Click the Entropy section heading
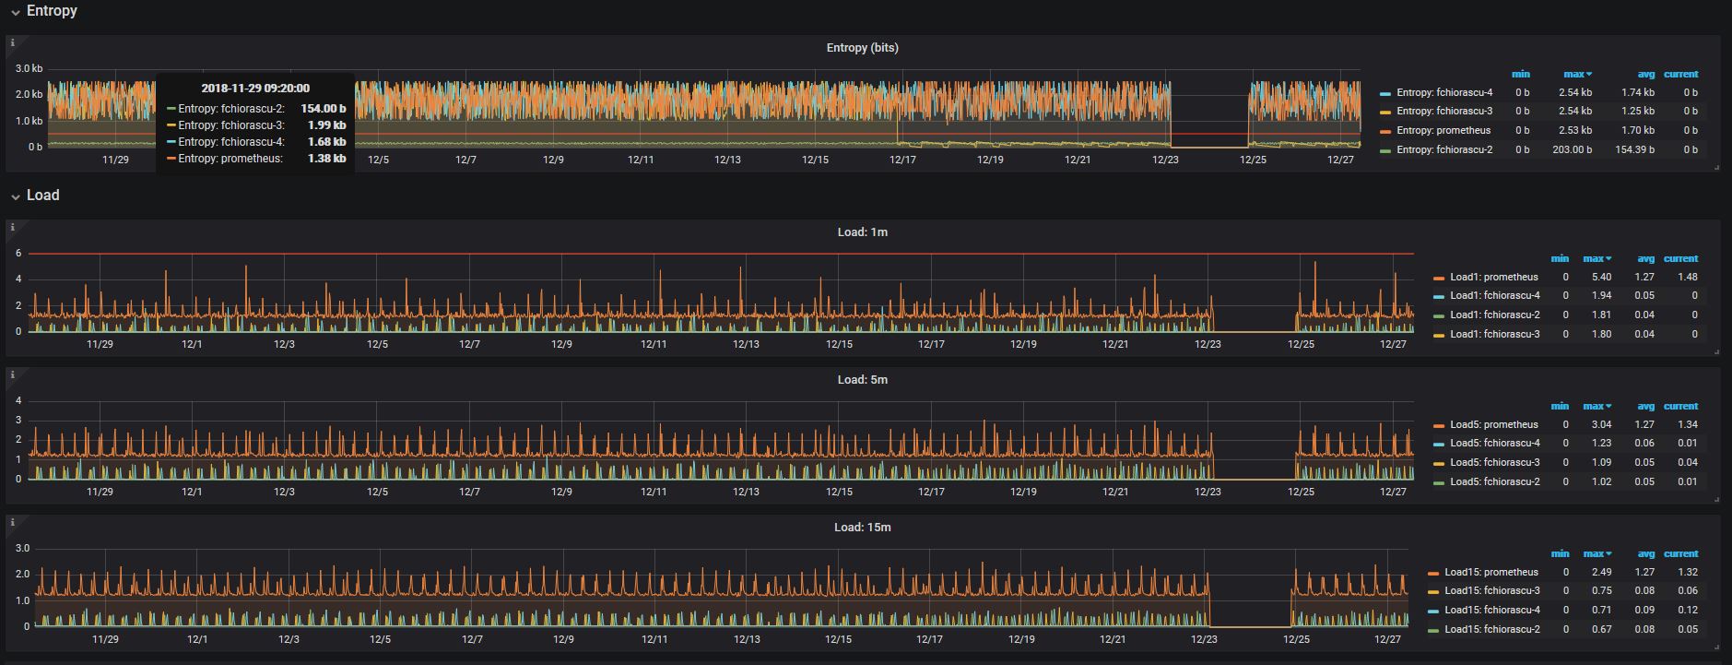[x=52, y=10]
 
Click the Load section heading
[x=42, y=195]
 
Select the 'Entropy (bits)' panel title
[x=862, y=47]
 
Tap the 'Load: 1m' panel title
[x=863, y=232]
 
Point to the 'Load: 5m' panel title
[x=863, y=379]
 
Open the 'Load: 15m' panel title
[x=863, y=527]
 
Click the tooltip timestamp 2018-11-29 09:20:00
[x=255, y=88]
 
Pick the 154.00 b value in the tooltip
[x=324, y=109]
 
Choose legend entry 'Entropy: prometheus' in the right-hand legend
[x=1443, y=130]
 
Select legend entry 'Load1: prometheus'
[x=1494, y=277]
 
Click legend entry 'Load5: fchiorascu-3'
[x=1495, y=462]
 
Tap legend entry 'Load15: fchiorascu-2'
[x=1492, y=629]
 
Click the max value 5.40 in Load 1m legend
[x=1601, y=277]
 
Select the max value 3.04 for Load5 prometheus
[x=1601, y=424]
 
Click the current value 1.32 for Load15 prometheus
[x=1688, y=572]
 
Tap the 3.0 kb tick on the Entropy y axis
[x=29, y=68]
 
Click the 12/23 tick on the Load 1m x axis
[x=1208, y=344]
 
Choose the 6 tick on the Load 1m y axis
[x=18, y=253]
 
